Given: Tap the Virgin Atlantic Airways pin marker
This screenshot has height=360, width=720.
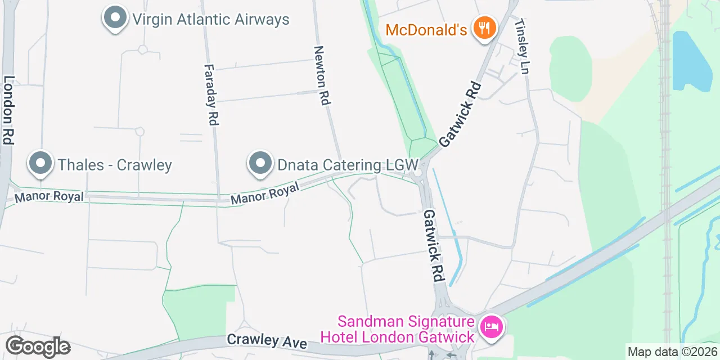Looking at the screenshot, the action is (x=115, y=18).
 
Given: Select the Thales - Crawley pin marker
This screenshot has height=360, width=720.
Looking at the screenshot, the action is (x=40, y=164).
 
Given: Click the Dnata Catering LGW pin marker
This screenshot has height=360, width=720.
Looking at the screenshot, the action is (x=260, y=164).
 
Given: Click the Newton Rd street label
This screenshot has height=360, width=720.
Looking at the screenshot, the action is (x=321, y=75).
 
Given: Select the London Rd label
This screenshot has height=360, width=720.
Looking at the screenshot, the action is (x=8, y=110).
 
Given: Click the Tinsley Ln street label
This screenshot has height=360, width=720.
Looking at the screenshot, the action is (x=523, y=48).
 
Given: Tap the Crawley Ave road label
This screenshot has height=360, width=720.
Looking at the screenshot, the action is (x=267, y=341).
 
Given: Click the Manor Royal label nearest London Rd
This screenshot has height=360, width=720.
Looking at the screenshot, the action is (x=49, y=196).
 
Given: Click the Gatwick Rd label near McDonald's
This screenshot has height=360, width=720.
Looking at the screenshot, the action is (x=461, y=114).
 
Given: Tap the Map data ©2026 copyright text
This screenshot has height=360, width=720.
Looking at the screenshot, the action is (x=672, y=352).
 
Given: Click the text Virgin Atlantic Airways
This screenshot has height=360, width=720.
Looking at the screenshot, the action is (x=210, y=20).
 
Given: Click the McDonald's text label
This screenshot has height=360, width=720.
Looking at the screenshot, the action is (x=426, y=29).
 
